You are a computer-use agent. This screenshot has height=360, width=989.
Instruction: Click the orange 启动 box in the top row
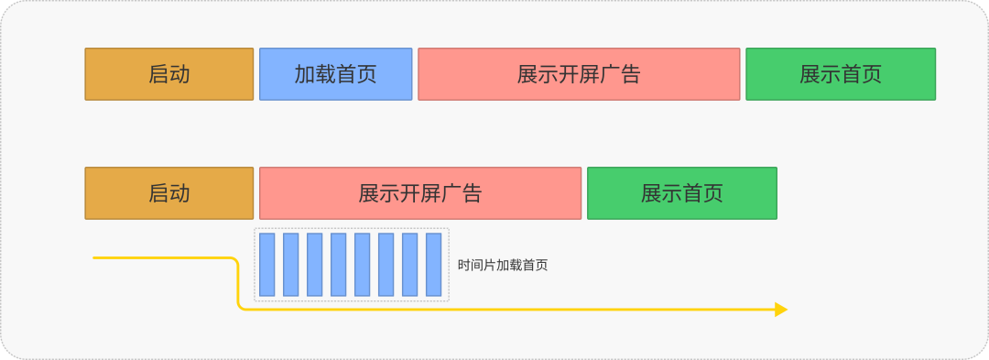[x=168, y=74]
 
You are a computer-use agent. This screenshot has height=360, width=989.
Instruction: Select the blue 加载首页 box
[x=335, y=74]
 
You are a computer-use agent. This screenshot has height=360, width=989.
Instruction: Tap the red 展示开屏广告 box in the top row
[x=579, y=74]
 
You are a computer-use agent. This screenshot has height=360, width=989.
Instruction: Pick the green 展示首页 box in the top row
[x=841, y=74]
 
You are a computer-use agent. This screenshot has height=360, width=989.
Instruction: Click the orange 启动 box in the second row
[x=168, y=193]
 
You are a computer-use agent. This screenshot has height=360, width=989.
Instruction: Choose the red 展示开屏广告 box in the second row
[x=420, y=193]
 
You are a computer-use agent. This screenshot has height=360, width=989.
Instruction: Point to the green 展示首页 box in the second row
[x=682, y=193]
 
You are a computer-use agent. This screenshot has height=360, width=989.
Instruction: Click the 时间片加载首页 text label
[x=503, y=266]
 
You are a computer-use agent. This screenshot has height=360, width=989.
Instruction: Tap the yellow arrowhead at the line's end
[x=781, y=310]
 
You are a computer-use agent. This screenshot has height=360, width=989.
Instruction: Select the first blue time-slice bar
[x=267, y=265]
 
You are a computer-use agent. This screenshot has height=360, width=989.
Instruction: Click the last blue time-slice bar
[x=434, y=265]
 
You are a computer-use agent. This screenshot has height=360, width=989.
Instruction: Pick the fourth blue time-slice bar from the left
[x=339, y=265]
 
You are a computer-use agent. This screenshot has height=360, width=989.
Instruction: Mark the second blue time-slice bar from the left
[x=291, y=265]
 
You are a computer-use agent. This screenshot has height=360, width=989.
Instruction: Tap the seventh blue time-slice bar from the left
[x=410, y=265]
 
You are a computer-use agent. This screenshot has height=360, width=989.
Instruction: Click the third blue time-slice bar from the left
[x=315, y=265]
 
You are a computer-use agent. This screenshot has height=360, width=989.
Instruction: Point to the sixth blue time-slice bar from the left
[x=386, y=265]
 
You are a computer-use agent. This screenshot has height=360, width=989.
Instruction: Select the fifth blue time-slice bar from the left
[x=363, y=265]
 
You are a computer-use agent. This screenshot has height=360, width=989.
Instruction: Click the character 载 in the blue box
[x=325, y=74]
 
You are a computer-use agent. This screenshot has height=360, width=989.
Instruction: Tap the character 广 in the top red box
[x=609, y=74]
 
